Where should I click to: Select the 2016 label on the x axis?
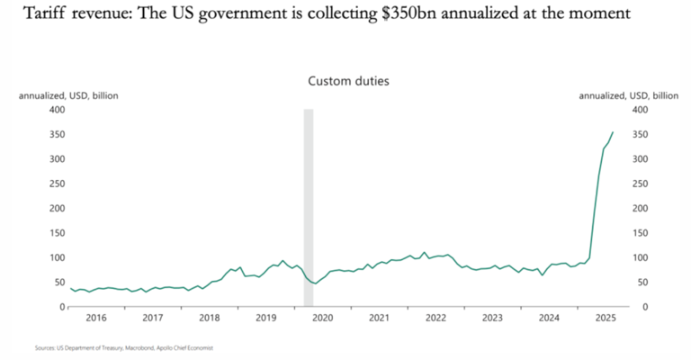pos(95,318)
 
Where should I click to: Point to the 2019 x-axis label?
pos(265,318)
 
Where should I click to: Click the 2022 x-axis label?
pos(435,318)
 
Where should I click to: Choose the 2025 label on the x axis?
pos(606,318)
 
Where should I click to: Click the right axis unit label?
pos(628,95)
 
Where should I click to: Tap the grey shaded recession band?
pos(309,207)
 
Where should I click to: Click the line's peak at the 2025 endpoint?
pos(614,132)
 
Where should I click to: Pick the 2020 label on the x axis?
pos(322,318)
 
